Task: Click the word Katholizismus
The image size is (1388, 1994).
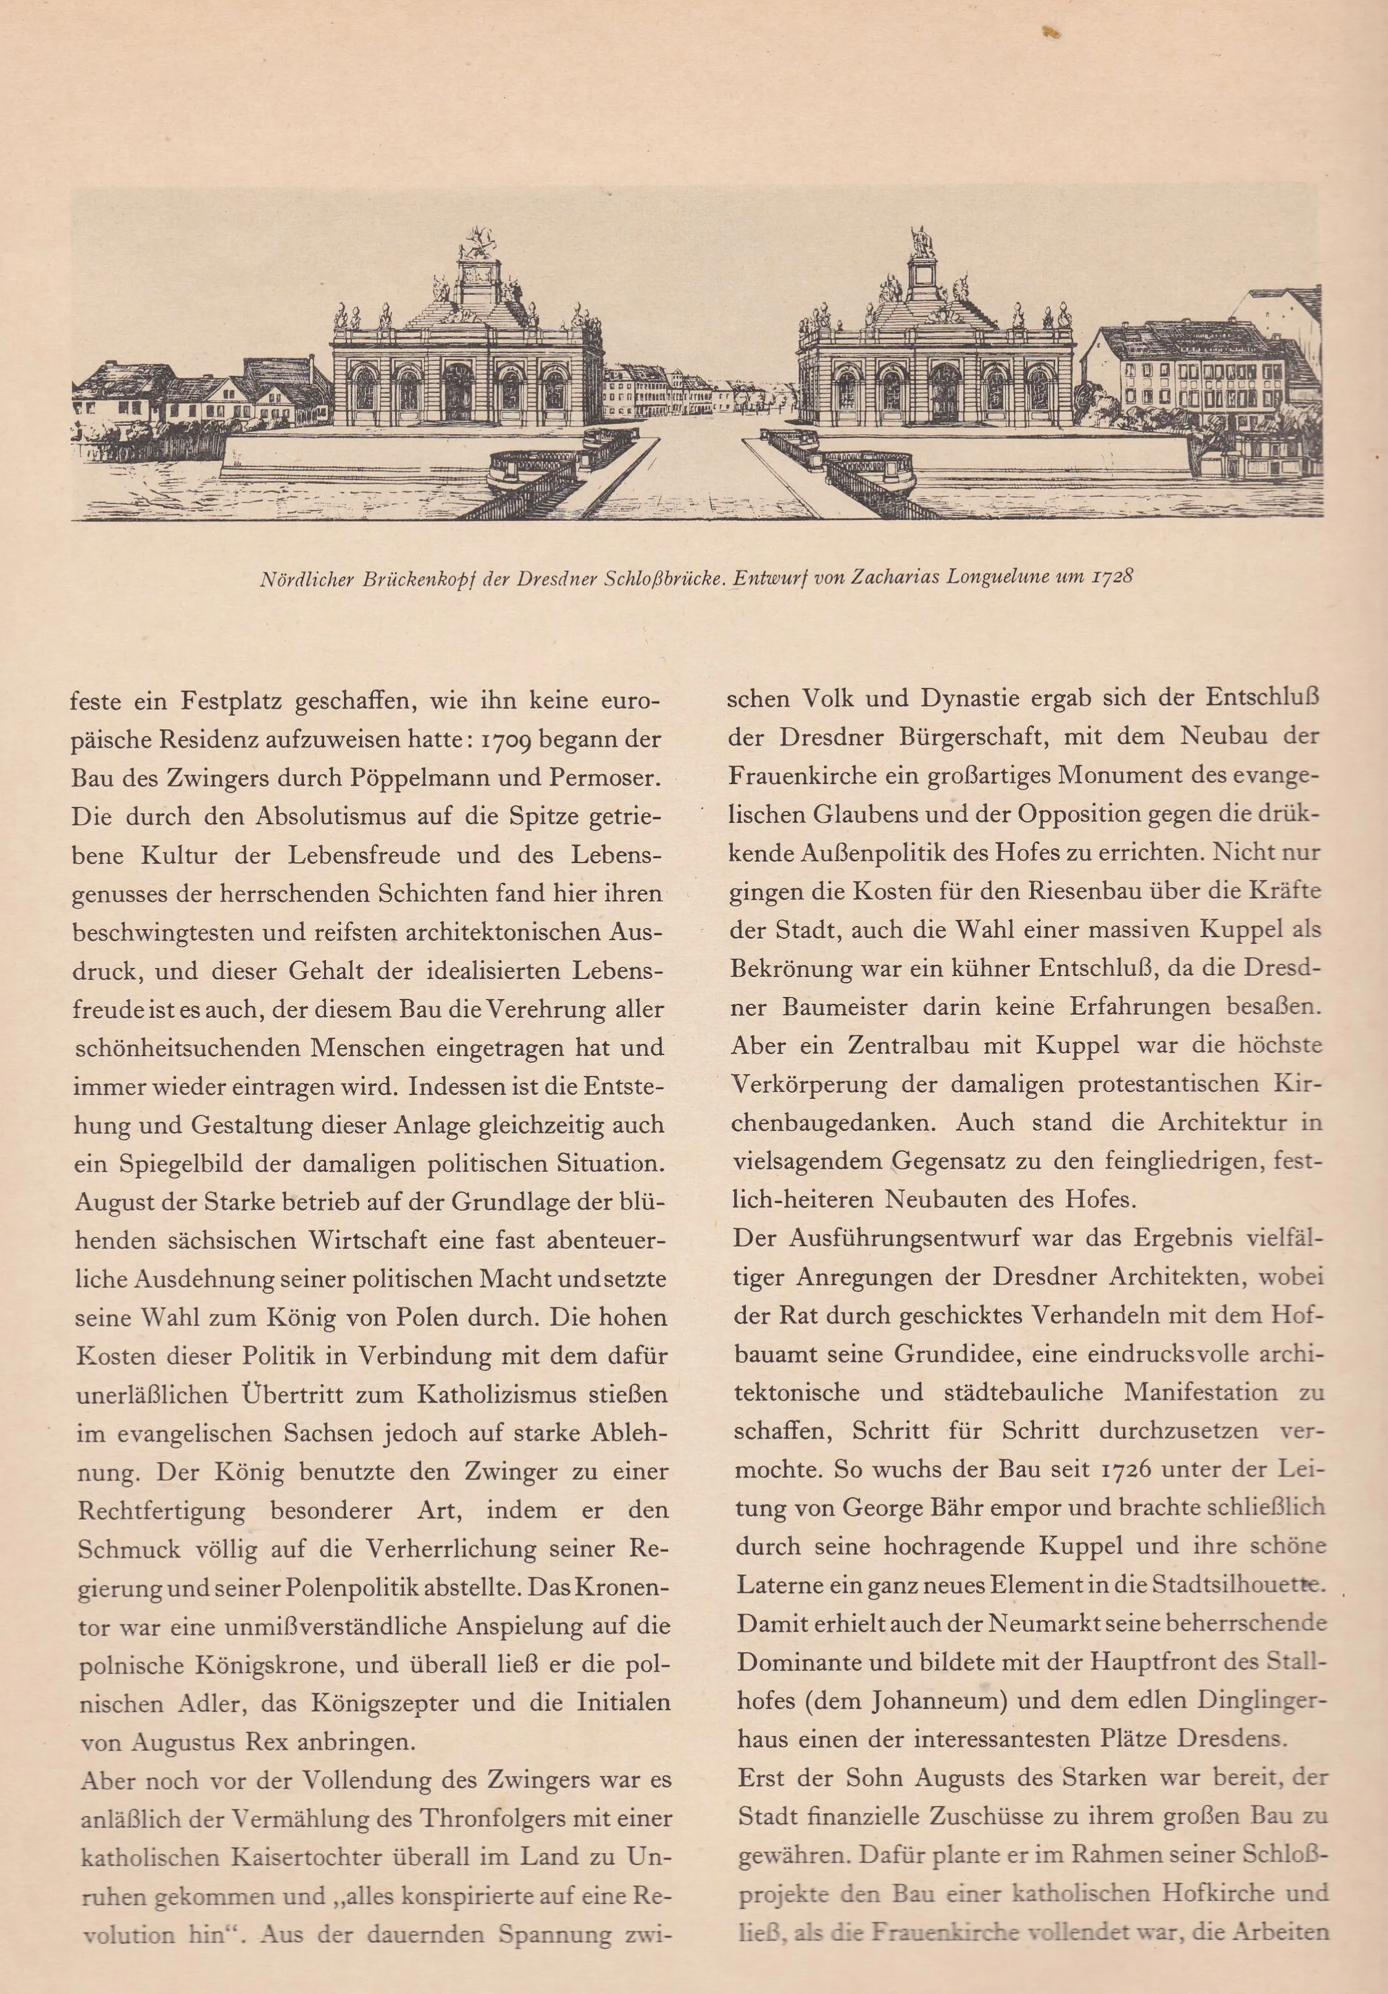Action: coord(497,1394)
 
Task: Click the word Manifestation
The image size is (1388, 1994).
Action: coord(1200,1392)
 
